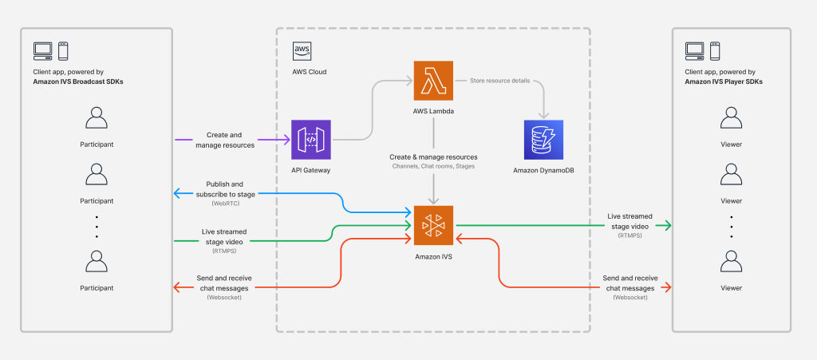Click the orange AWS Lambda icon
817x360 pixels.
[x=433, y=81]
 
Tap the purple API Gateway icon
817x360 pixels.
[x=311, y=140]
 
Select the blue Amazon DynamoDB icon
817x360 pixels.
[x=543, y=140]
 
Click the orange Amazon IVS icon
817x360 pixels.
[x=433, y=226]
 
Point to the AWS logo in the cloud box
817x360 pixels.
[x=302, y=51]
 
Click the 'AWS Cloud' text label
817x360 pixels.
[x=310, y=72]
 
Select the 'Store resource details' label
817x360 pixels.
[x=493, y=80]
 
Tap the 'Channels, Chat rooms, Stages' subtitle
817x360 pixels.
[x=433, y=167]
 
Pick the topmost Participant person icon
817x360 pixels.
[x=96, y=121]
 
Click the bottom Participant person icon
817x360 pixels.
[x=96, y=262]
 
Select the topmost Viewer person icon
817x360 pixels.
[x=731, y=121]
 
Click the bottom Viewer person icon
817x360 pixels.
[x=731, y=262]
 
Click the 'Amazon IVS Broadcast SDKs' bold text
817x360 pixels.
[x=78, y=81]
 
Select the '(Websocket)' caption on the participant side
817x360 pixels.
[x=225, y=297]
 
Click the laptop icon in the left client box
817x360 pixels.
[x=42, y=51]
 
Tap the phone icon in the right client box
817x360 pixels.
[x=715, y=51]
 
